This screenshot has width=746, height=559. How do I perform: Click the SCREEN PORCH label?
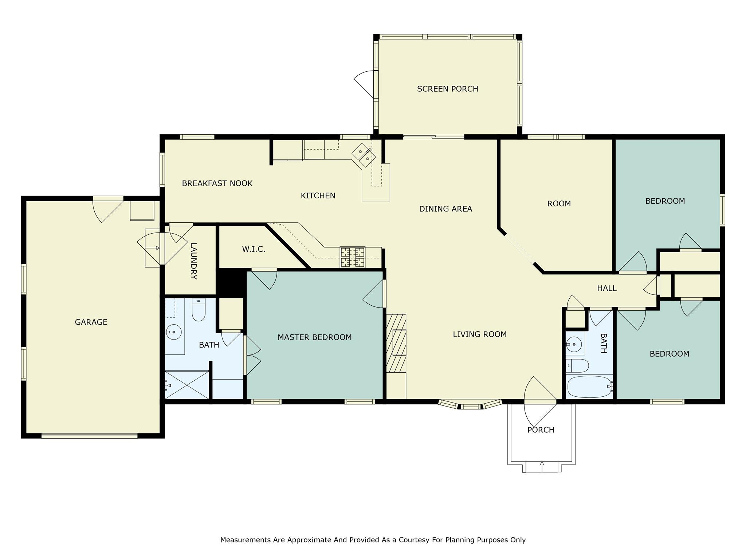click(447, 89)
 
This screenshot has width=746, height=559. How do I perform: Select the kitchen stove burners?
click(352, 257)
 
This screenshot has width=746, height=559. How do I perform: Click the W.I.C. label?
click(254, 249)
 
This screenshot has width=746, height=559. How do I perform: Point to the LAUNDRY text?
click(193, 261)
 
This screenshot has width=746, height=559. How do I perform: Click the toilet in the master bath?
click(199, 310)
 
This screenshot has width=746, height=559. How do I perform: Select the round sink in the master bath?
click(174, 332)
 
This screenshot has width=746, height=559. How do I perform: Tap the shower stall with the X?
click(187, 384)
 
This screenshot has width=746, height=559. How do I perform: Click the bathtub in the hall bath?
click(589, 387)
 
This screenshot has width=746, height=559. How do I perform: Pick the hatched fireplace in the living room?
click(396, 343)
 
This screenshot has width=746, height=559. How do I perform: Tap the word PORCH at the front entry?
click(541, 430)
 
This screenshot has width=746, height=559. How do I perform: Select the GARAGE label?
click(91, 322)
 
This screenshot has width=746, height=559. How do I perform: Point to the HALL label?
click(606, 288)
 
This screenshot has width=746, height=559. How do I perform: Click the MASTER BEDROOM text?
click(314, 337)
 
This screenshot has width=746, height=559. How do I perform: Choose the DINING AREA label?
click(445, 209)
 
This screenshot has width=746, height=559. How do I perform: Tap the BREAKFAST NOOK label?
click(217, 183)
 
